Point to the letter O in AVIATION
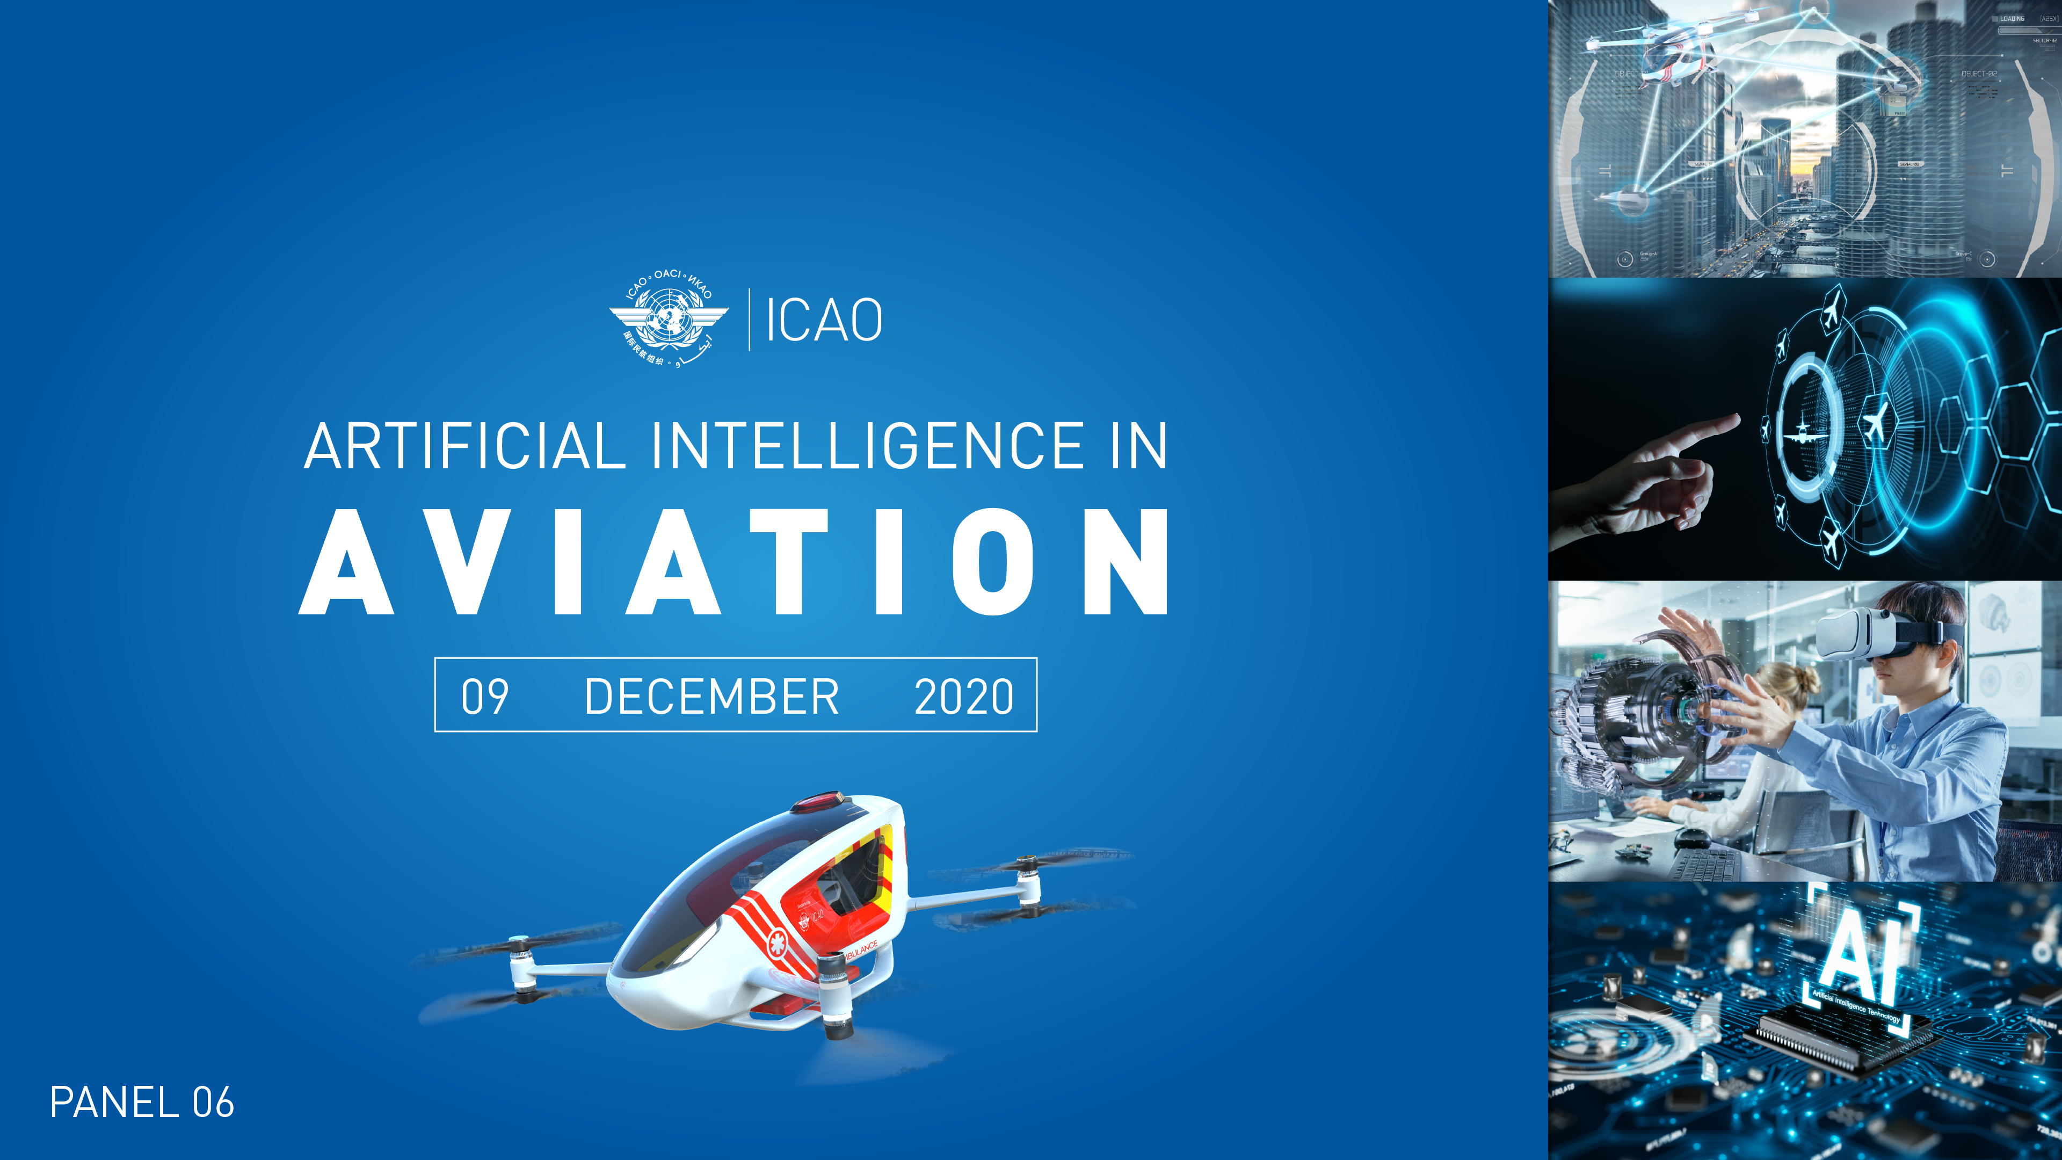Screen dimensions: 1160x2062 [x=992, y=562]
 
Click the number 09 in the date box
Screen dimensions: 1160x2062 [x=484, y=695]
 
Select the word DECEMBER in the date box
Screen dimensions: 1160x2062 [x=711, y=695]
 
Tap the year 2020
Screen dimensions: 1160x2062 [x=964, y=695]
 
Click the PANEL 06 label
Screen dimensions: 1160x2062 [x=142, y=1103]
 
